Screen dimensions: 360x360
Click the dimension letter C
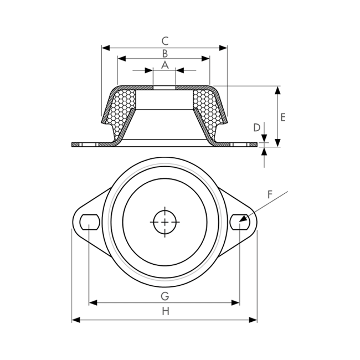point(165,41)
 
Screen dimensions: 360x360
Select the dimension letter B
point(165,54)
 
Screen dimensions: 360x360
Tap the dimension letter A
point(165,65)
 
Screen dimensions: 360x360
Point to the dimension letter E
point(283,117)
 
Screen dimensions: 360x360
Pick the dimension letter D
point(256,127)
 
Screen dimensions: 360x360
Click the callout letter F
point(270,194)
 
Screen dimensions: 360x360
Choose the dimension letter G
point(165,296)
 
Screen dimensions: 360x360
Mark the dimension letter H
point(166,311)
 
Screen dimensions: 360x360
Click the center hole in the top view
point(165,222)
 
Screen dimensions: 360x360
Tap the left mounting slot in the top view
point(90,222)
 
